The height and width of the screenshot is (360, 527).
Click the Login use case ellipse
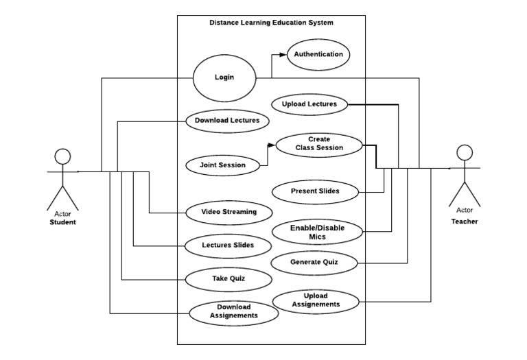coord(224,77)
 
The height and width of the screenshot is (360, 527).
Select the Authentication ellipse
coord(318,54)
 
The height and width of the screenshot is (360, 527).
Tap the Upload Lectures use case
coord(309,104)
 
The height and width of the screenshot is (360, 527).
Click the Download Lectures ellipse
coord(227,121)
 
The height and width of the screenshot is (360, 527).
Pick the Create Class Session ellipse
coord(318,144)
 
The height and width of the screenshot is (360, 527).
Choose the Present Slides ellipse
coord(315,191)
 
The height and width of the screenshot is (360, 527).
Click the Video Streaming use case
coord(229,212)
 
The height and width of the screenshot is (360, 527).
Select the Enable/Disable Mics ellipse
coord(317,232)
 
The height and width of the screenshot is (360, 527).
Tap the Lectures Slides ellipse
coord(228,245)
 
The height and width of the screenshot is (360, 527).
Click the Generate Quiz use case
coord(314,262)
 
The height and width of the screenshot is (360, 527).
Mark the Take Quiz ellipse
coord(228,278)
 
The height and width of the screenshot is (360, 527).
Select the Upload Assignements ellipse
coord(316,300)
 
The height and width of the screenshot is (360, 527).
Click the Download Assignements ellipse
coord(233,311)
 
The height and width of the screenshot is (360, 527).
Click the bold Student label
coord(62,222)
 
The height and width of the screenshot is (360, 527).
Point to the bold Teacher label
coord(465,221)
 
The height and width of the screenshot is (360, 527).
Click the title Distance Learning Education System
coord(271,23)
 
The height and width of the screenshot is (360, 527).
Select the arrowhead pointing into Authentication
coord(283,54)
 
